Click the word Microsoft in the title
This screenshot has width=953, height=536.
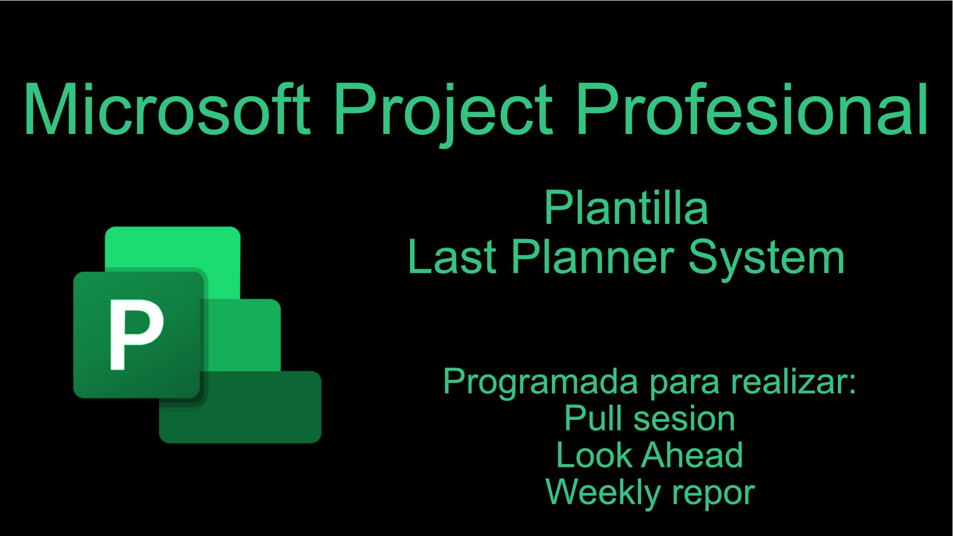[167, 109]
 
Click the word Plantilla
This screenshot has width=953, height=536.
[625, 207]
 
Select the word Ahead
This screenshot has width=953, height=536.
[692, 455]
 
